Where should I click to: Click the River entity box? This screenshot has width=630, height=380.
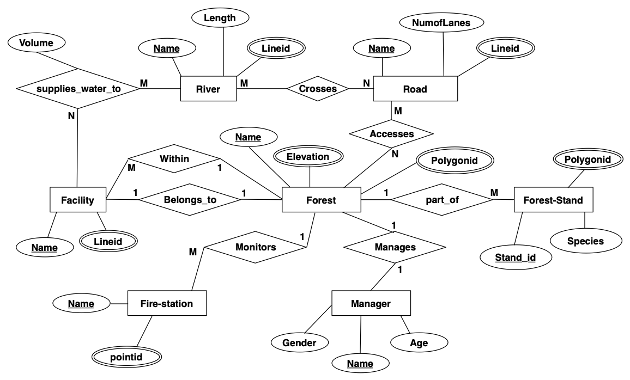[x=208, y=89]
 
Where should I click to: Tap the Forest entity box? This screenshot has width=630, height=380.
[x=321, y=200]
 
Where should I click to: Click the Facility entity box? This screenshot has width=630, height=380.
[x=77, y=200]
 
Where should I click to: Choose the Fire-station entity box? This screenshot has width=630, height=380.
[x=167, y=303]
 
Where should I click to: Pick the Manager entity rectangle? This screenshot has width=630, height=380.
[x=370, y=303]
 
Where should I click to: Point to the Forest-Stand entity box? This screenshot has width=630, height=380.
[x=553, y=200]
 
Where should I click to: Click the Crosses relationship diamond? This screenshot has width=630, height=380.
[x=318, y=89]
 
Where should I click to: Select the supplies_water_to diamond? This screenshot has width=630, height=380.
[x=77, y=88]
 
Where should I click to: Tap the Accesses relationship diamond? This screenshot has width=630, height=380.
[x=391, y=133]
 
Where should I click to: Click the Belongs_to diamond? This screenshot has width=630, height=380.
[x=190, y=200]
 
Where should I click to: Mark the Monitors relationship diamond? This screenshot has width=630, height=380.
[x=256, y=247]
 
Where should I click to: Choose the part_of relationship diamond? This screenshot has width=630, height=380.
[x=442, y=200]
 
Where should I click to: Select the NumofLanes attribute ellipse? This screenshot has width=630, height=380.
[x=443, y=22]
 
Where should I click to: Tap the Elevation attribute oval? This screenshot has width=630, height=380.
[x=308, y=157]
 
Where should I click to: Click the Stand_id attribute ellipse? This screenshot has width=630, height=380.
[x=516, y=257]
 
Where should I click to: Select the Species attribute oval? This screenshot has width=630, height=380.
[x=585, y=241]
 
